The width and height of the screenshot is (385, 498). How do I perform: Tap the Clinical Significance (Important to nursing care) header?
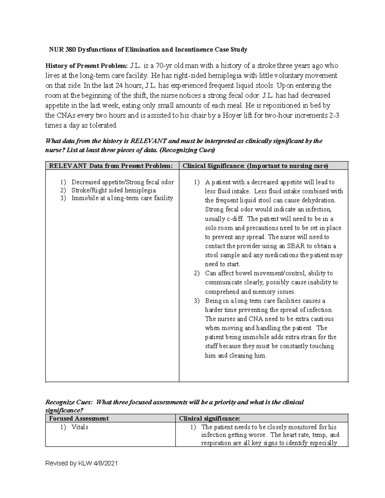click(255, 166)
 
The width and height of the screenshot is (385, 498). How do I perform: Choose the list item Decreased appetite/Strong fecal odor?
click(123, 182)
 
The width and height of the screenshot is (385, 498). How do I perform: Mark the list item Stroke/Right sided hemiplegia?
click(114, 190)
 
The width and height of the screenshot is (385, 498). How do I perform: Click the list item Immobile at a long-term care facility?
click(122, 198)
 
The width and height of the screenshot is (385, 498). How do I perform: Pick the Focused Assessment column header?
click(79, 418)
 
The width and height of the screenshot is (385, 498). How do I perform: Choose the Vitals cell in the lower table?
click(80, 427)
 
